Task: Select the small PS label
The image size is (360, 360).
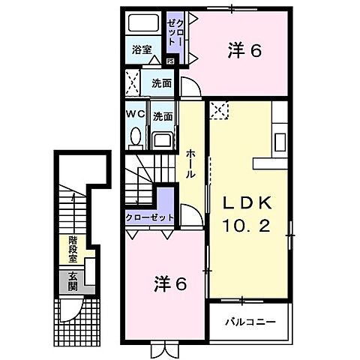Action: (x=170, y=61)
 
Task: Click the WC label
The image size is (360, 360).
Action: (x=135, y=115)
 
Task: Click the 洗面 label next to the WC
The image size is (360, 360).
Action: (x=162, y=116)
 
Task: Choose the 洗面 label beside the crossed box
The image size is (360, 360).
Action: (x=161, y=82)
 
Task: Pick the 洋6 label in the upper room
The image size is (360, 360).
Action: (x=245, y=51)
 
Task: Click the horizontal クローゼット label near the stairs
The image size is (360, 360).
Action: (x=149, y=217)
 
